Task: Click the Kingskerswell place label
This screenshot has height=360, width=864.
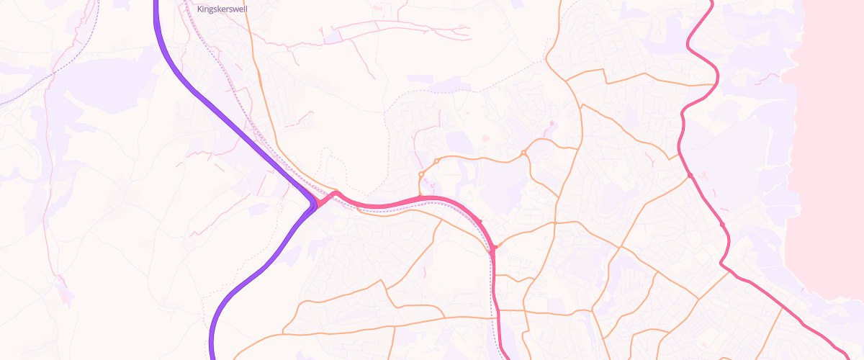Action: (x=222, y=10)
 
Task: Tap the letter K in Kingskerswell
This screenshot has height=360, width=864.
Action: (x=199, y=10)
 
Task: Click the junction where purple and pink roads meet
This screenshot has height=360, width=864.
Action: (x=316, y=204)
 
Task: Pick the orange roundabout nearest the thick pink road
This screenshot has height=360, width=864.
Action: (x=421, y=174)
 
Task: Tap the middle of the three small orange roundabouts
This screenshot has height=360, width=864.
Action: (x=436, y=161)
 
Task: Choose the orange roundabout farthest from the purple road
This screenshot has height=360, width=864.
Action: (x=523, y=153)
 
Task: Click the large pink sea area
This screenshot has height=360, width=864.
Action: (x=828, y=144)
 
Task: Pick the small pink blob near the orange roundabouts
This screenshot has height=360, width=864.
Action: (x=485, y=137)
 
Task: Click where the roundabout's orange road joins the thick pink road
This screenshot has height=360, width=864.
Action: (x=420, y=197)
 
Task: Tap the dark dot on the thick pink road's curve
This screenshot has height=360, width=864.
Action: (x=479, y=220)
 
